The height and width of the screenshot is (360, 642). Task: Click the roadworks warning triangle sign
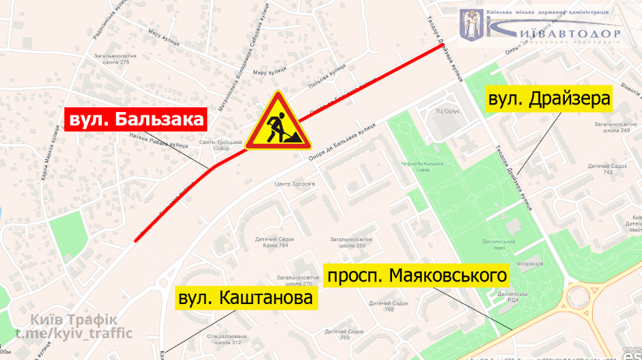[278, 124]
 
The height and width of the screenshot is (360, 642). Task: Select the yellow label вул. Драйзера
[548, 100]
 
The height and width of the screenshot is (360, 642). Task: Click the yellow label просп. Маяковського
[418, 276]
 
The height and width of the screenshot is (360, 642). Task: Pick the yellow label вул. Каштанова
[246, 298]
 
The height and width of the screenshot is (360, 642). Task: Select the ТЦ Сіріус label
[449, 110]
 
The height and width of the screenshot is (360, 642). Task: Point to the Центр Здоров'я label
[294, 184]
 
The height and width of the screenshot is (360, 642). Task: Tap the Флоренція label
[529, 263]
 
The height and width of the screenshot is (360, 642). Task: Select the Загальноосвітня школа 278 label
[115, 59]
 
